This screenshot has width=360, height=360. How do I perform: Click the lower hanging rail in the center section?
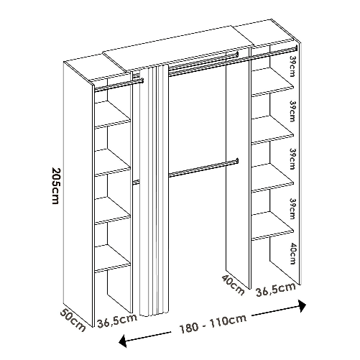point(201,167)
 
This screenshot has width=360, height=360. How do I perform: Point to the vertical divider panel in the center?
point(236,172)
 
